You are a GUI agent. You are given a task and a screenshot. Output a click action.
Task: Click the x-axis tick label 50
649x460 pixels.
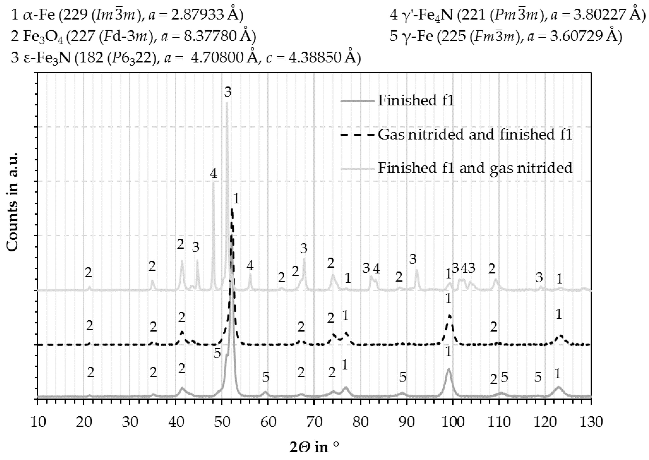coord(222,422)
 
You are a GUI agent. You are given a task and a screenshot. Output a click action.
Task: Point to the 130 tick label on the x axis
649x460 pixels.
coord(591,422)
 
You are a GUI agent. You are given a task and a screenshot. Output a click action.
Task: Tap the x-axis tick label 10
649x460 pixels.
coord(38,422)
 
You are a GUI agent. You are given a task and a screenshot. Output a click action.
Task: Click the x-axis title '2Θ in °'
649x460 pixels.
coord(314,448)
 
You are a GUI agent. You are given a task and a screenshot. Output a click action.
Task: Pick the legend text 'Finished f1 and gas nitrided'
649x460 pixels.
coord(475,168)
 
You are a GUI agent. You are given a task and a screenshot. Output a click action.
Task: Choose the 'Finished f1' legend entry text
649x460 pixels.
coord(416,101)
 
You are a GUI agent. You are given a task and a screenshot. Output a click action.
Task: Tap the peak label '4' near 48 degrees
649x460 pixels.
coord(214,174)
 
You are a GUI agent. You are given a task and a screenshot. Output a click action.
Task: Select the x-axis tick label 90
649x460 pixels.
coord(406,422)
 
